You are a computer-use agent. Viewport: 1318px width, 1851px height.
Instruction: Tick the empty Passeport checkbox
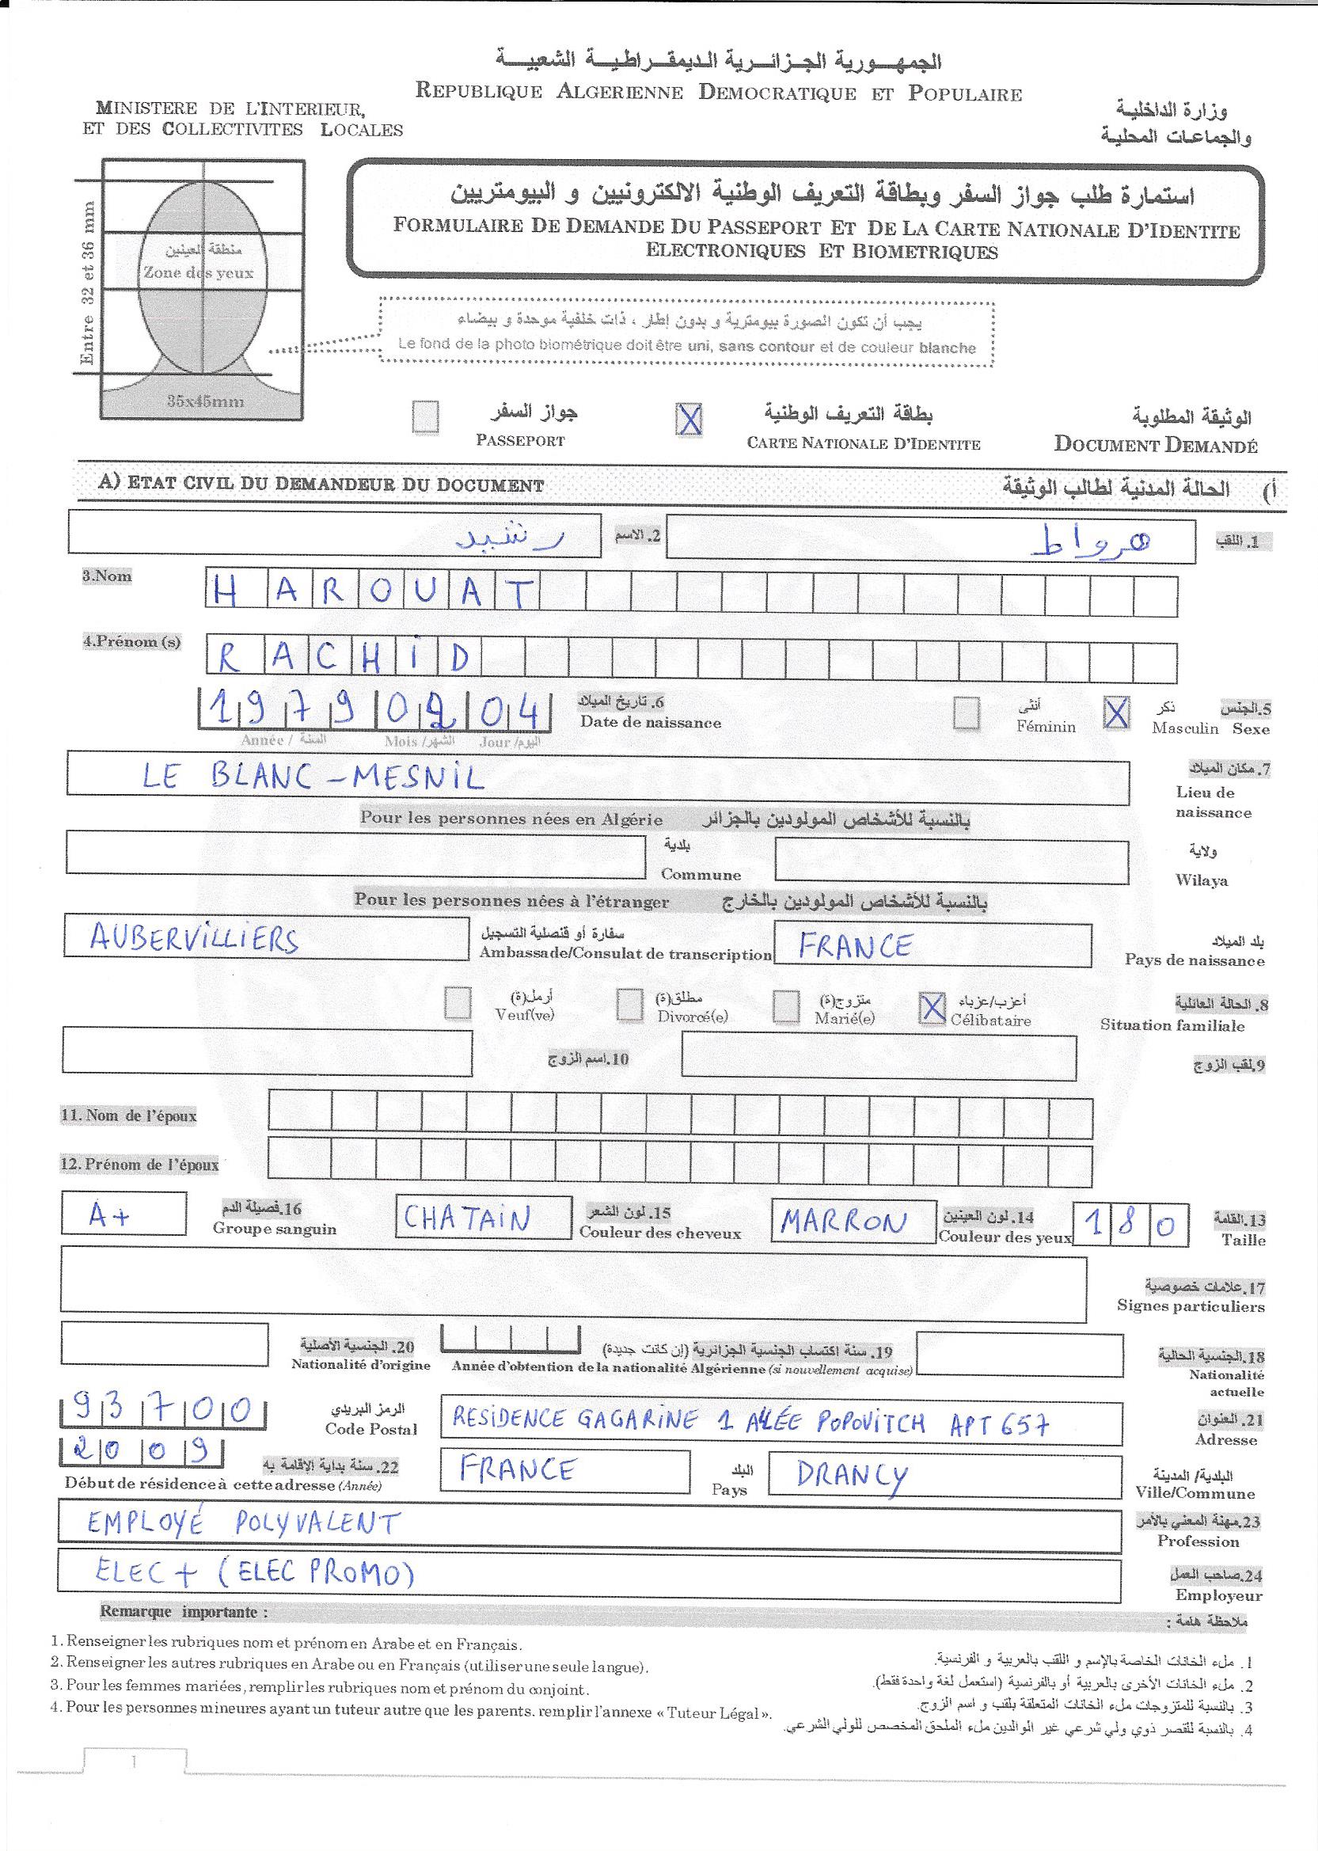tap(425, 418)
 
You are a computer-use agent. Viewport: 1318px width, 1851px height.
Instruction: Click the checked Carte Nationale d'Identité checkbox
tap(689, 419)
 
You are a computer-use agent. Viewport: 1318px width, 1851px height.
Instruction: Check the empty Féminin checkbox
tap(966, 713)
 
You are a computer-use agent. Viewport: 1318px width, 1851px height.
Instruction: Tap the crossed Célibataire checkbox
tap(932, 1008)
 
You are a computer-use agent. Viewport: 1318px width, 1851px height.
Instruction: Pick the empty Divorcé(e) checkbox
tap(629, 1005)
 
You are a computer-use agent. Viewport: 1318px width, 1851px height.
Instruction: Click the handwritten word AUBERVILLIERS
tap(194, 940)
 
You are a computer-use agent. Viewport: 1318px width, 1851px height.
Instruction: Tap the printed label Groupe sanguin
tap(275, 1228)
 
